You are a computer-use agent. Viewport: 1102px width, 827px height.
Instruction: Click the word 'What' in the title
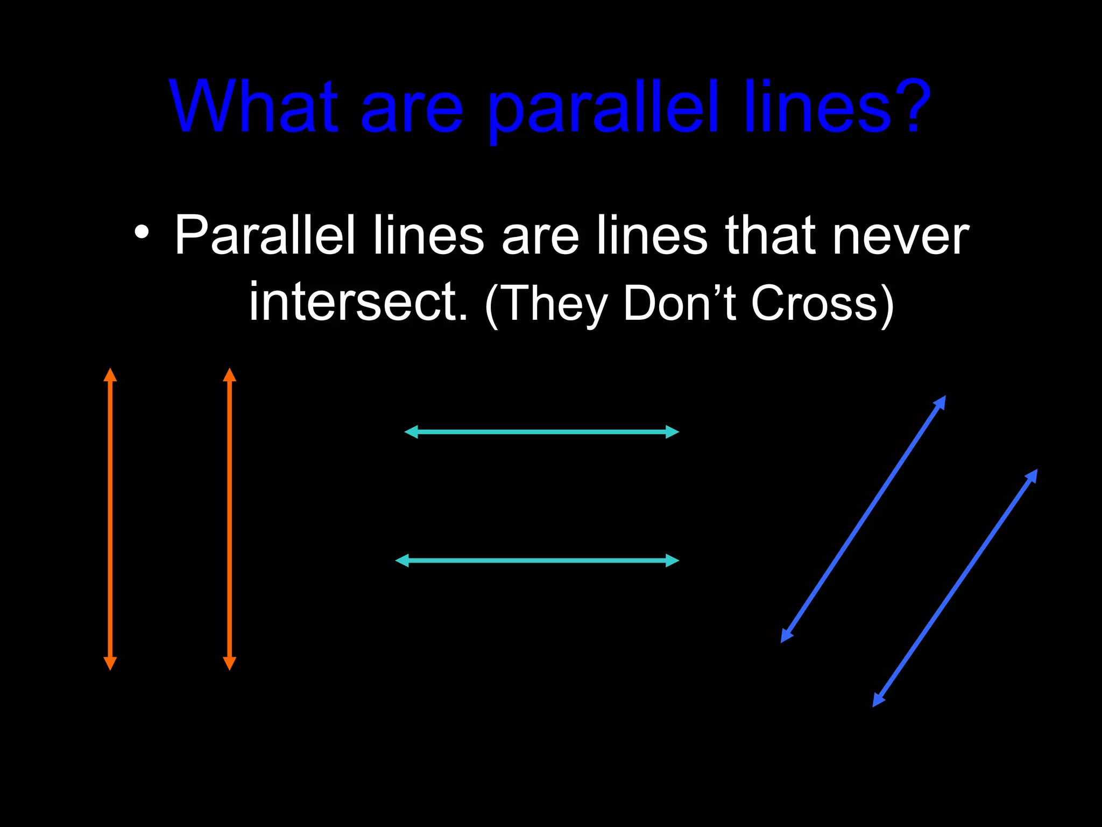[253, 106]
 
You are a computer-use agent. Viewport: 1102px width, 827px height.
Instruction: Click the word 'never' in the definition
[900, 236]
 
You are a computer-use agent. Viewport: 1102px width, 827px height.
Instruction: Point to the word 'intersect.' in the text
[358, 302]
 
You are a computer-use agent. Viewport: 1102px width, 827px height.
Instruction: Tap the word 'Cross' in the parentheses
[814, 303]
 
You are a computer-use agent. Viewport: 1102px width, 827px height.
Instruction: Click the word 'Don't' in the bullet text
[679, 303]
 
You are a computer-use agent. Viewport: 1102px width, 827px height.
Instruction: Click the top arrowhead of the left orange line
[110, 375]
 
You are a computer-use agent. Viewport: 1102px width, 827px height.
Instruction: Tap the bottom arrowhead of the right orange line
[230, 663]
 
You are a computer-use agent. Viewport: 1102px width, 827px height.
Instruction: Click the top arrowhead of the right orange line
[230, 375]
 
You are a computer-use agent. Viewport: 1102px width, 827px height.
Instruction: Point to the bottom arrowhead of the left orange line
[110, 663]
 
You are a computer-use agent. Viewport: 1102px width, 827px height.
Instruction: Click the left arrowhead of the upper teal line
[412, 432]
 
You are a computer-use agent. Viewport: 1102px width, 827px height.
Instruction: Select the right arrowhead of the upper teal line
[672, 432]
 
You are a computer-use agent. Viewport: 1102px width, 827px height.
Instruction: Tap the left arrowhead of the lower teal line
[402, 560]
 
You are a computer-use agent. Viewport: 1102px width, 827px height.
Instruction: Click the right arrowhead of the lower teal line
[672, 560]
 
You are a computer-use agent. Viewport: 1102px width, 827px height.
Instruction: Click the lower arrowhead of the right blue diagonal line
[878, 700]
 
